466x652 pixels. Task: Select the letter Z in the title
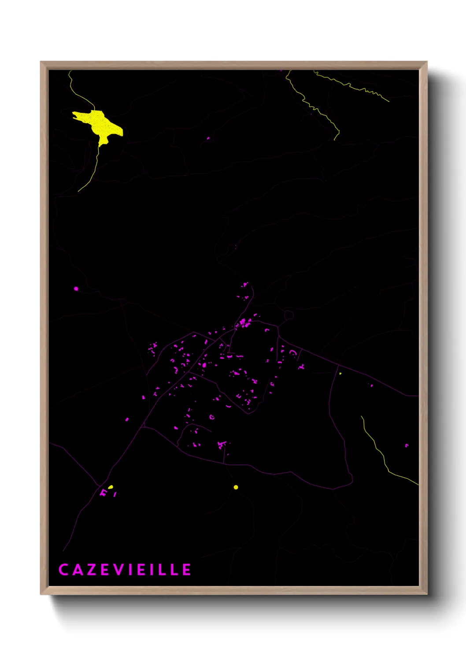pyautogui.click(x=91, y=570)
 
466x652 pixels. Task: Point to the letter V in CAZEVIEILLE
pyautogui.click(x=119, y=570)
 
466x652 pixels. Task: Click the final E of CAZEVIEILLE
pyautogui.click(x=187, y=570)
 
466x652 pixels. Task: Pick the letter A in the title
pyautogui.click(x=77, y=570)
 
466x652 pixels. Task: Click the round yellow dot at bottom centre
pyautogui.click(x=236, y=487)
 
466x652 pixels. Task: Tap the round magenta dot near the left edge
pyautogui.click(x=76, y=289)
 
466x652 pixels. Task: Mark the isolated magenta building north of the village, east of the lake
pyautogui.click(x=208, y=138)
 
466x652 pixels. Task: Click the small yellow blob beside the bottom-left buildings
pyautogui.click(x=111, y=487)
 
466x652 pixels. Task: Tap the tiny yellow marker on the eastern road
pyautogui.click(x=340, y=374)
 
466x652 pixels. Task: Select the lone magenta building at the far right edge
pyautogui.click(x=407, y=445)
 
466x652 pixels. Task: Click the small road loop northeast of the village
pyautogui.click(x=288, y=315)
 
